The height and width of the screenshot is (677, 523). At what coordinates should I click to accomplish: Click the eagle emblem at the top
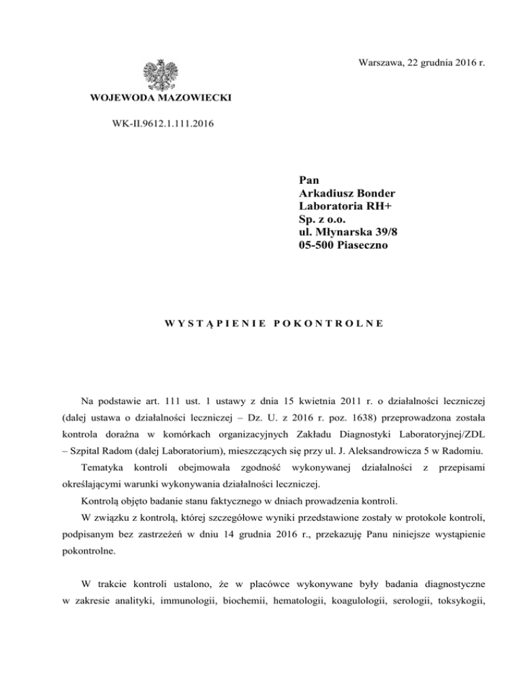pyautogui.click(x=161, y=76)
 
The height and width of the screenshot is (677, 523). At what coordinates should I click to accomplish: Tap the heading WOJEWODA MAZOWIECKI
pyautogui.click(x=160, y=99)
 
